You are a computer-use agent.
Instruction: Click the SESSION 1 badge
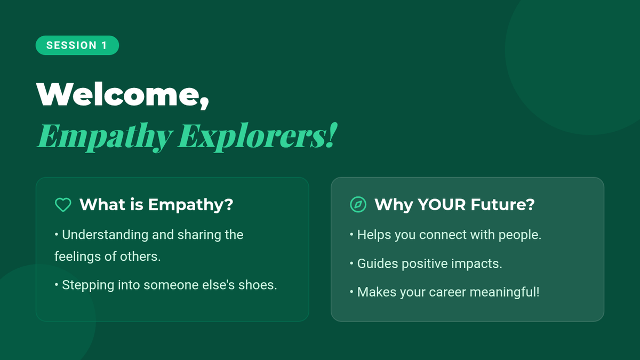point(77,45)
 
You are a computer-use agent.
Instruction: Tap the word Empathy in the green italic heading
point(105,137)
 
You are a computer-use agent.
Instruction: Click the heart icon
point(63,205)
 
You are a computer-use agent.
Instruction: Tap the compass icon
point(358,205)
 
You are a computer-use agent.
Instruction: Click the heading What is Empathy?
point(156,205)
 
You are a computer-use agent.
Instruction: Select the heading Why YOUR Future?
point(454,205)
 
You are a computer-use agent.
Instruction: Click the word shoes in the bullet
point(258,285)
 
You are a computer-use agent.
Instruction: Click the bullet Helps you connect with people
point(445,235)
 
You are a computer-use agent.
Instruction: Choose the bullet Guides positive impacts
point(426,263)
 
